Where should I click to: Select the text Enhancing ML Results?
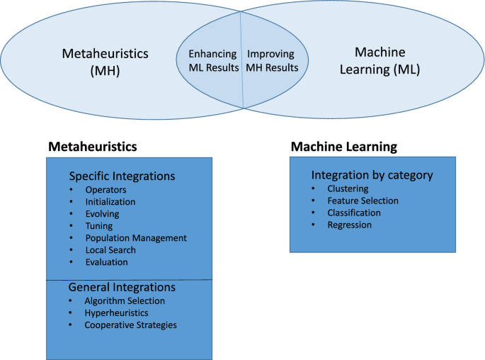pyautogui.click(x=212, y=61)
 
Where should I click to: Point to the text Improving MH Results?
pyautogui.click(x=272, y=61)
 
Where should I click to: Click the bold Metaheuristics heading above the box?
pyautogui.click(x=92, y=147)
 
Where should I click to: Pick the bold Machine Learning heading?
pyautogui.click(x=343, y=147)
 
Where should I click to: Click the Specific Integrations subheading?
pyautogui.click(x=121, y=176)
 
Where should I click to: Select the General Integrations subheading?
pyautogui.click(x=121, y=288)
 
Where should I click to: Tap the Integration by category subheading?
pyautogui.click(x=372, y=175)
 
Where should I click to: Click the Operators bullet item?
pyautogui.click(x=105, y=190)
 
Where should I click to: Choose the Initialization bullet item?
pyautogui.click(x=110, y=202)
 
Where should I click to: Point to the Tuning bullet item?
pyautogui.click(x=98, y=226)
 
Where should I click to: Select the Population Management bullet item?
pyautogui.click(x=135, y=238)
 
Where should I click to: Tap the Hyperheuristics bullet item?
pyautogui.click(x=117, y=313)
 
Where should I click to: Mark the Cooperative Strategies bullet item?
pyautogui.click(x=130, y=325)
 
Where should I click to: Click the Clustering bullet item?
pyautogui.click(x=348, y=189)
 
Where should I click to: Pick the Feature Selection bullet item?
pyautogui.click(x=363, y=201)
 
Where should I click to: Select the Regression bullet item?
pyautogui.click(x=349, y=225)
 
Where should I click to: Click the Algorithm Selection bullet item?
pyautogui.click(x=124, y=300)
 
